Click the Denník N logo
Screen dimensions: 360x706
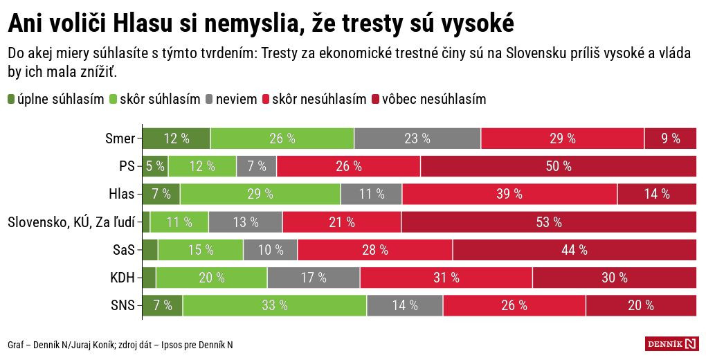(x=671, y=343)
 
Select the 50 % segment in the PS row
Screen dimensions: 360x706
(x=559, y=166)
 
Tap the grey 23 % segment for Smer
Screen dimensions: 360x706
(x=417, y=138)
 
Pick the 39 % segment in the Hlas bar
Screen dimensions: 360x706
(x=509, y=194)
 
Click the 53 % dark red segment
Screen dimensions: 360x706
(x=549, y=222)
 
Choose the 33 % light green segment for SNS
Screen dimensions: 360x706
(x=275, y=305)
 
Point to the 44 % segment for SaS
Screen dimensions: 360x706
(x=574, y=249)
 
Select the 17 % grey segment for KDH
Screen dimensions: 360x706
(x=314, y=277)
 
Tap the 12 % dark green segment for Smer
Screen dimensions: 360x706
(x=176, y=138)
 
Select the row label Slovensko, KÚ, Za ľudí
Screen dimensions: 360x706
(x=71, y=222)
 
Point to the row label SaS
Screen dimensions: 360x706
(x=124, y=249)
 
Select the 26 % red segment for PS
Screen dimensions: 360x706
(x=348, y=166)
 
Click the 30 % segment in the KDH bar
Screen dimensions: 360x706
(x=614, y=277)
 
